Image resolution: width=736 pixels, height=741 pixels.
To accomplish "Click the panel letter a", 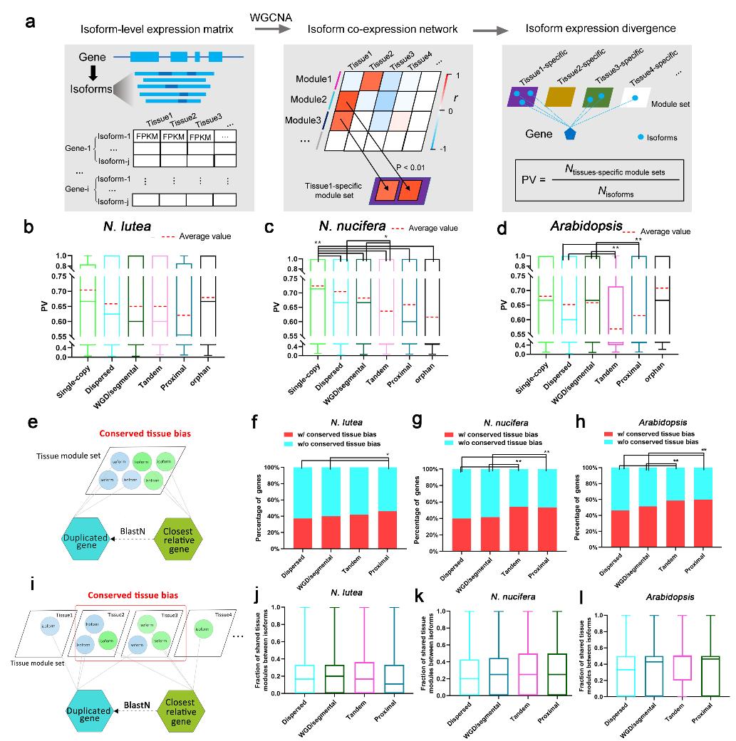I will tap(31, 21).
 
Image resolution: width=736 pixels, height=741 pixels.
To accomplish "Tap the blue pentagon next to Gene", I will tap(569, 133).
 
